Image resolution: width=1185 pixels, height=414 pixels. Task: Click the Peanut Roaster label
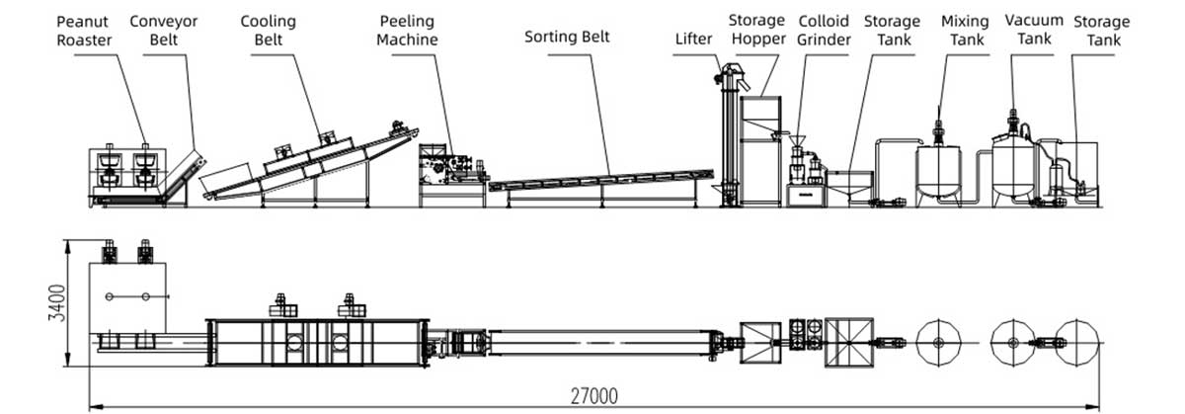(84, 30)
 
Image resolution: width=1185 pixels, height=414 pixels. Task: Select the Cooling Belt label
(269, 30)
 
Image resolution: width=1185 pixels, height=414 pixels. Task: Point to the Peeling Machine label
(407, 31)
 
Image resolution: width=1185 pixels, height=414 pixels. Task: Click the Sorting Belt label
(567, 38)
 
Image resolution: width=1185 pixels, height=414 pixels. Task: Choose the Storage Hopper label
(756, 30)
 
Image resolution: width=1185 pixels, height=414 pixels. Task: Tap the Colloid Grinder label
(824, 30)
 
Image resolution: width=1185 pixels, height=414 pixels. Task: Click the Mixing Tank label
(965, 30)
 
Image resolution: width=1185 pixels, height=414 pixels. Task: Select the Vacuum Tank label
(1034, 30)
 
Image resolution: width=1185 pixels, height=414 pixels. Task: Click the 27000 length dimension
(593, 396)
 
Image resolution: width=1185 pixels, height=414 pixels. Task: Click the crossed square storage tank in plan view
(849, 342)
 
